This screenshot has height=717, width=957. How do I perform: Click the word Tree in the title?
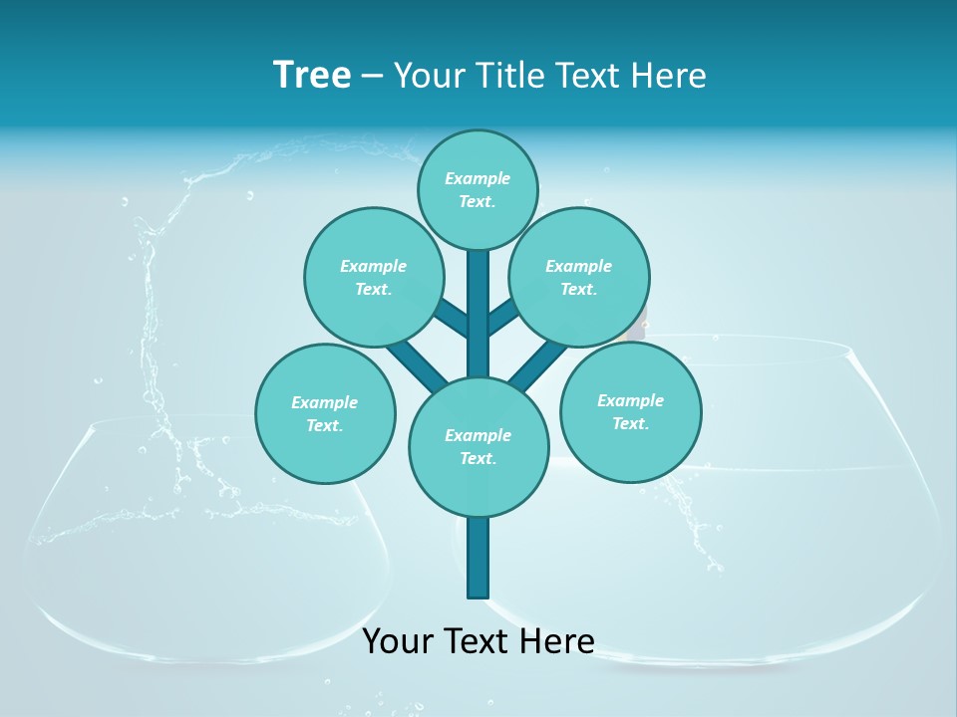(x=312, y=75)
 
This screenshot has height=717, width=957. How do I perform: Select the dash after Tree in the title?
(x=372, y=77)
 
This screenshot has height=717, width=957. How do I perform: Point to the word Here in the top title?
(x=668, y=76)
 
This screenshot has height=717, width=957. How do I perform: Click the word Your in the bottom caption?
(x=398, y=641)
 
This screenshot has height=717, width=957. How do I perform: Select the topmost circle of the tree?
(x=478, y=189)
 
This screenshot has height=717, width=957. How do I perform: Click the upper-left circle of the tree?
(x=373, y=277)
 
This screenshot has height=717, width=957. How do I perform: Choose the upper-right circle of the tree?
(x=578, y=277)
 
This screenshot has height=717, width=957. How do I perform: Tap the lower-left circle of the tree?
(x=325, y=413)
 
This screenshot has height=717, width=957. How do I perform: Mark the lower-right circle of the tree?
(x=630, y=411)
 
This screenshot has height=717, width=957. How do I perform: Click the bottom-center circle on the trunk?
(x=478, y=446)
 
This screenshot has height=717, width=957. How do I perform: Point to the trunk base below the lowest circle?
(x=478, y=558)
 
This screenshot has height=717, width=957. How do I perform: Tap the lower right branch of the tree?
(x=539, y=363)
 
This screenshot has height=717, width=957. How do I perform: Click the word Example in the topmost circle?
(x=478, y=178)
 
